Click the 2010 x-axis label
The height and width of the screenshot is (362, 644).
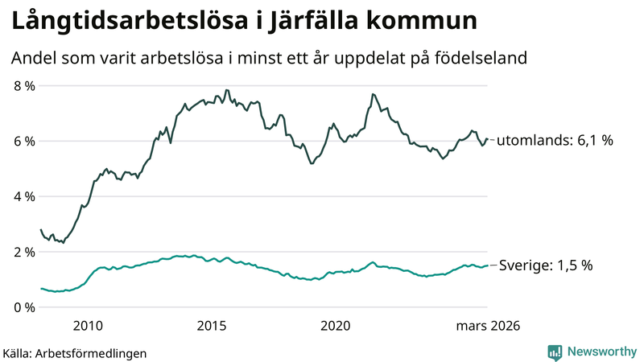(x=88, y=326)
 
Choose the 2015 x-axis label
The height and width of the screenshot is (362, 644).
(x=212, y=326)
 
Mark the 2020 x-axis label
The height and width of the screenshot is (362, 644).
(x=336, y=326)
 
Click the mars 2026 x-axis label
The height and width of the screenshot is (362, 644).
(x=488, y=326)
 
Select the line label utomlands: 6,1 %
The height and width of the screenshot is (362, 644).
(x=555, y=140)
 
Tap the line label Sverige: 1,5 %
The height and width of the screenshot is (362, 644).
(x=547, y=265)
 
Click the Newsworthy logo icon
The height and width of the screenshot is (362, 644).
(x=555, y=352)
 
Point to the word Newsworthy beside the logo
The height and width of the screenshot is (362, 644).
(x=601, y=352)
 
